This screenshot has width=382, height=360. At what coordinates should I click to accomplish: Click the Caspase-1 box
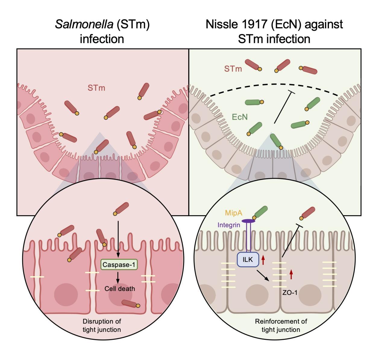(x=119, y=265)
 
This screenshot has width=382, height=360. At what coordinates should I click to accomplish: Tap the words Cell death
(x=120, y=289)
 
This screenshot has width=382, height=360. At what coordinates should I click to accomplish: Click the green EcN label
(x=240, y=117)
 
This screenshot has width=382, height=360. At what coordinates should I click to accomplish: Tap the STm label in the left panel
(x=96, y=88)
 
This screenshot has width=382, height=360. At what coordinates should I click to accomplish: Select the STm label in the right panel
(x=233, y=69)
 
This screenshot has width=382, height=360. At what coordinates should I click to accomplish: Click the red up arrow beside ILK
(x=263, y=259)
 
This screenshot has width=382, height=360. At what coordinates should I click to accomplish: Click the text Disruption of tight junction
(x=102, y=325)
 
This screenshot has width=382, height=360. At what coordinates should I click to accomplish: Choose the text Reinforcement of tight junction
(x=281, y=325)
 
